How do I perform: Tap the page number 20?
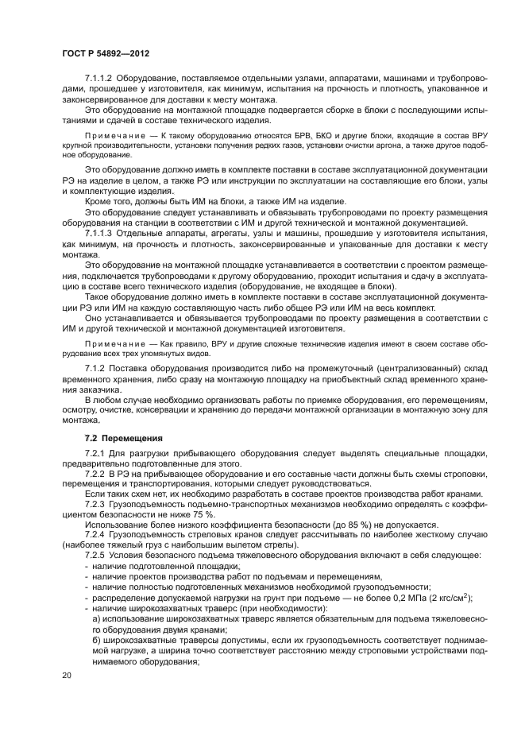pos(67,674)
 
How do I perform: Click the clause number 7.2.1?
pos(95,453)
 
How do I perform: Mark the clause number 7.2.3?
pos(95,504)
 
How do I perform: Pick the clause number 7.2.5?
pos(95,554)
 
